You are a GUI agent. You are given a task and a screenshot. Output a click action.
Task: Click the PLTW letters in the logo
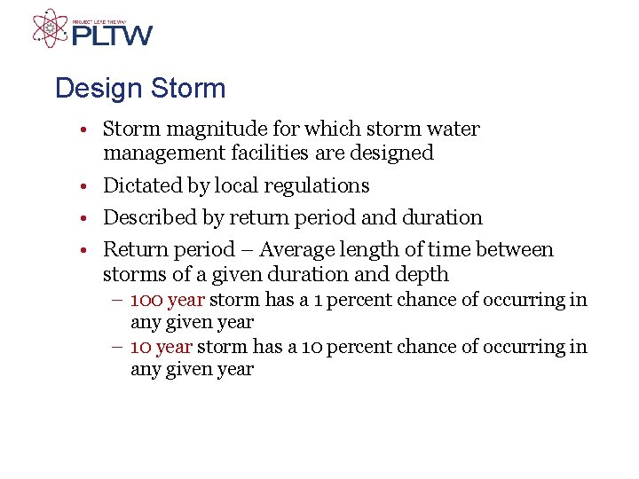(x=112, y=35)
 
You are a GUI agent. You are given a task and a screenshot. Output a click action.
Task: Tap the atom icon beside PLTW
(x=50, y=28)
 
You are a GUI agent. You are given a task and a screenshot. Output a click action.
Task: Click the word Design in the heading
(x=95, y=89)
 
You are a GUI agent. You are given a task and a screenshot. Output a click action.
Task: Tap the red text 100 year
(x=168, y=300)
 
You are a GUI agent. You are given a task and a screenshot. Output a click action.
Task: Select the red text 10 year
(x=162, y=347)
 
